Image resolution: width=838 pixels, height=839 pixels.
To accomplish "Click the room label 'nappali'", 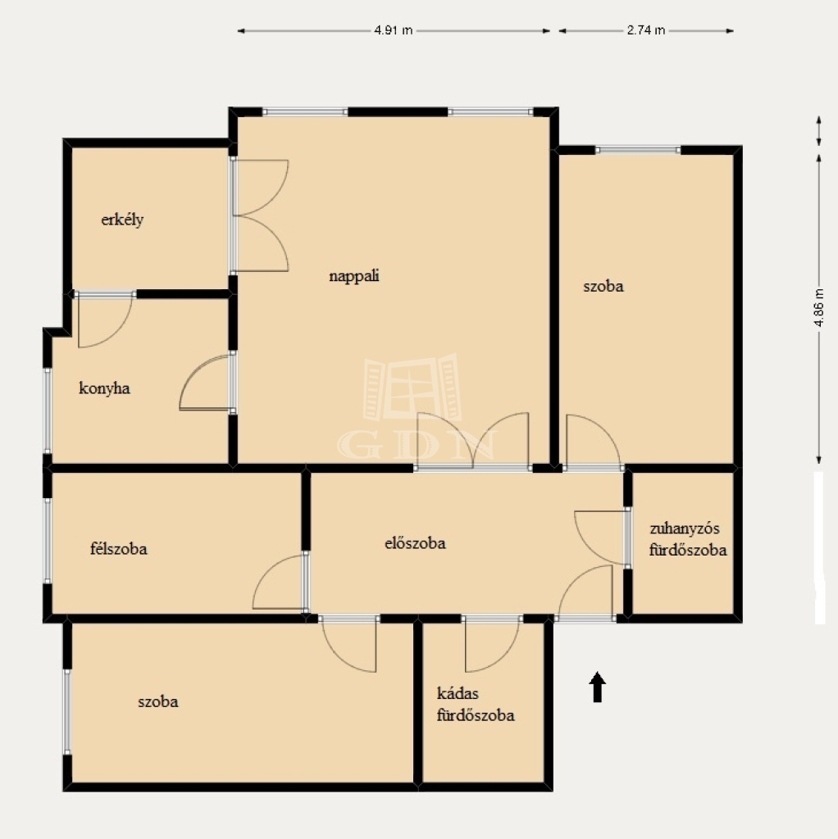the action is (x=354, y=276).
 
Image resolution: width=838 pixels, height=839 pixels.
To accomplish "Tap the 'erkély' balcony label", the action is (x=122, y=220).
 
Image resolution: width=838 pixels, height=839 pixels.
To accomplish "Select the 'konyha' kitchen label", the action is (x=104, y=388).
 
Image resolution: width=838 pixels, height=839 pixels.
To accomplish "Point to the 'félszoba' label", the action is (x=118, y=548).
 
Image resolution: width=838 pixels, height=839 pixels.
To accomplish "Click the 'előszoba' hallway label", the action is (x=415, y=543).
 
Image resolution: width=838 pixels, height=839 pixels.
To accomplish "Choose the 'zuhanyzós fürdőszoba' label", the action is (x=688, y=539).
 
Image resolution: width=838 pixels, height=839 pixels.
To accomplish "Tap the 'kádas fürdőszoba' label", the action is (x=476, y=704).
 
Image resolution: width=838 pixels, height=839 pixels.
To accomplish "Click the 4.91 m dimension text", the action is (x=394, y=30).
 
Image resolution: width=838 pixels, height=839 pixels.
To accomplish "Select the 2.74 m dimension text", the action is (x=646, y=30).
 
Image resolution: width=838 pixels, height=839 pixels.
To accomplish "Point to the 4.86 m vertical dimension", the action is (x=818, y=308).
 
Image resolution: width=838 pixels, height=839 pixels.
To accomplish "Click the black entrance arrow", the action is (x=597, y=687).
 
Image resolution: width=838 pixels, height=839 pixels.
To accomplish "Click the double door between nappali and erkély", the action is (x=260, y=215).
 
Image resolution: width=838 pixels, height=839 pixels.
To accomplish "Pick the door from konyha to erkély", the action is (x=105, y=320).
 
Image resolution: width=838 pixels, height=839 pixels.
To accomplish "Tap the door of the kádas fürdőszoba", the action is (x=492, y=645).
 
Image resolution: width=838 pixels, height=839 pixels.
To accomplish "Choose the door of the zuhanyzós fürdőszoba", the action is (x=601, y=537).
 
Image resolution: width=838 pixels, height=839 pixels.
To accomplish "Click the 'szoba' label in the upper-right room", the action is (x=603, y=286).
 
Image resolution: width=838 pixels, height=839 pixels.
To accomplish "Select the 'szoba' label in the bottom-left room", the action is (x=158, y=701).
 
